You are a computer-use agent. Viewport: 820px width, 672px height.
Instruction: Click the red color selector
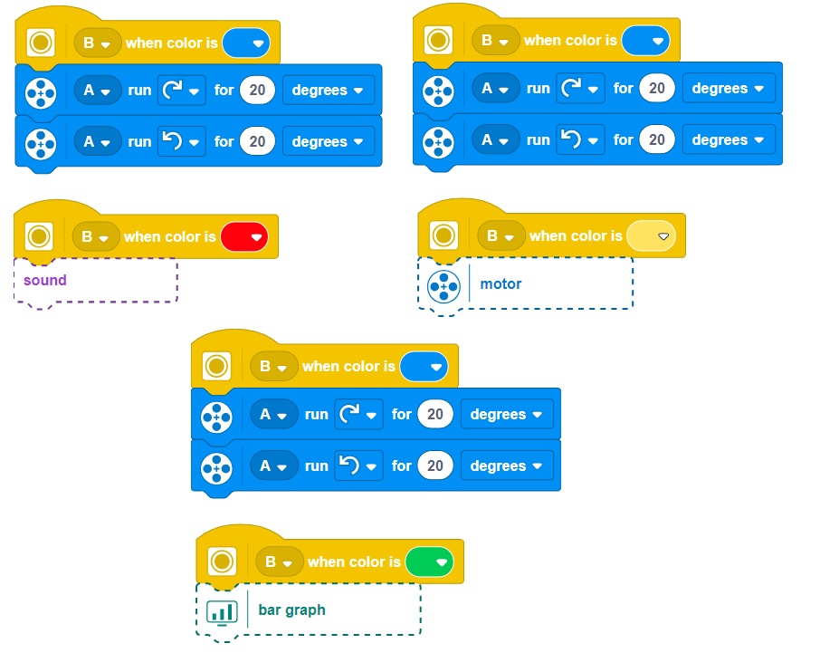pyautogui.click(x=243, y=237)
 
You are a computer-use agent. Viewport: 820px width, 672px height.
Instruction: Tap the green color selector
pyautogui.click(x=428, y=562)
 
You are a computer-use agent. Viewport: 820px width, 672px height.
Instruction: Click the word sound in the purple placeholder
pyautogui.click(x=45, y=280)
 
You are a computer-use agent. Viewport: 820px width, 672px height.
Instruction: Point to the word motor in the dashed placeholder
pyautogui.click(x=501, y=284)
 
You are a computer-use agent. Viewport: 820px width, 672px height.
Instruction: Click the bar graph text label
pyautogui.click(x=291, y=610)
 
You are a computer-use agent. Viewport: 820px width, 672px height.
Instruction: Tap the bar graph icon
pyautogui.click(x=221, y=611)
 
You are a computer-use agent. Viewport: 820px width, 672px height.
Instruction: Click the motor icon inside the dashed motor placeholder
pyautogui.click(x=443, y=285)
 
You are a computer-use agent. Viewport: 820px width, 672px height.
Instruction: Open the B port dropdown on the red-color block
pyautogui.click(x=95, y=237)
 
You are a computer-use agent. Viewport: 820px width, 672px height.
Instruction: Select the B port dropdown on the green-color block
pyautogui.click(x=278, y=562)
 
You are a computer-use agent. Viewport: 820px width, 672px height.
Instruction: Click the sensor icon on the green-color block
pyautogui.click(x=221, y=562)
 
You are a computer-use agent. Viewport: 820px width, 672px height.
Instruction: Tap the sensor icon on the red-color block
pyautogui.click(x=38, y=237)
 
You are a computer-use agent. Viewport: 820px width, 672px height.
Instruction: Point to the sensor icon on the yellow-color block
pyautogui.click(x=443, y=236)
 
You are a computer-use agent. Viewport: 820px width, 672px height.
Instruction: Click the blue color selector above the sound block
pyautogui.click(x=245, y=43)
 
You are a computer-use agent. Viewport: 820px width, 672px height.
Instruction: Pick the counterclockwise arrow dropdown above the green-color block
pyautogui.click(x=358, y=466)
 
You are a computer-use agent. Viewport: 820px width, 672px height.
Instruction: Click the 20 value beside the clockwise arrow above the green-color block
pyautogui.click(x=435, y=415)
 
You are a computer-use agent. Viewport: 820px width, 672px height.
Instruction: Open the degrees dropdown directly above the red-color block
pyautogui.click(x=329, y=142)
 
